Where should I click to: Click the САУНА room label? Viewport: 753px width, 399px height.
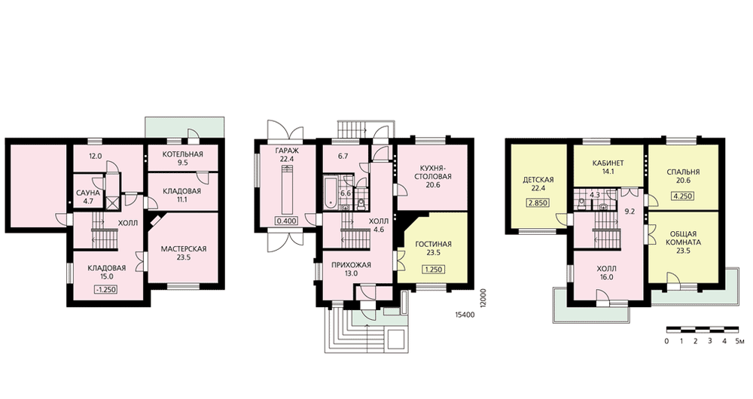coord(88,193)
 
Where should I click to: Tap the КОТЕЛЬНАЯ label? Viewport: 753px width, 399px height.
coord(182,154)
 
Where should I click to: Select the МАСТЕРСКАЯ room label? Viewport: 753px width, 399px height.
coord(184,248)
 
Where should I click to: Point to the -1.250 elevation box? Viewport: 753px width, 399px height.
coord(105,290)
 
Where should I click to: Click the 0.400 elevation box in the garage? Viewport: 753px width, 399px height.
coord(286,221)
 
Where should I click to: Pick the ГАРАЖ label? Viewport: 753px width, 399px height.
coord(287,151)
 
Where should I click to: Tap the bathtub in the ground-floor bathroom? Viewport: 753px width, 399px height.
coord(331,193)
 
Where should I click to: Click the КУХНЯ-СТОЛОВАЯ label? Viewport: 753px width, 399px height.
coord(436,172)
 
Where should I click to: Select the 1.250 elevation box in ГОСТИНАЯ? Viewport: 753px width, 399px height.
coord(433,270)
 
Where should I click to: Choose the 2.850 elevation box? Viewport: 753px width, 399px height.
coord(538,203)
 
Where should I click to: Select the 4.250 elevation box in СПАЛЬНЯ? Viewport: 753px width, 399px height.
coord(683,196)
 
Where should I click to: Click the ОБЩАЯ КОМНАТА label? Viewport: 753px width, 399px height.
coord(683,238)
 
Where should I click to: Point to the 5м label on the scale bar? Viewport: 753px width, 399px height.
coord(739,341)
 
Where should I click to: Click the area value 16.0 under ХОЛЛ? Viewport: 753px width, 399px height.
coord(606,277)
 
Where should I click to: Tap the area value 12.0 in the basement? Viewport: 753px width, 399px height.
coord(95,156)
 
